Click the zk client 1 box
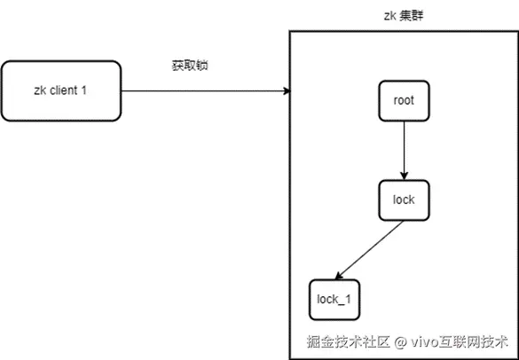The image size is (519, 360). pyautogui.click(x=61, y=91)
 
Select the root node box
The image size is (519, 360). pyautogui.click(x=404, y=100)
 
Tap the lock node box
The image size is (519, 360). pyautogui.click(x=404, y=200)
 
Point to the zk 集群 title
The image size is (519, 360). pyautogui.click(x=404, y=16)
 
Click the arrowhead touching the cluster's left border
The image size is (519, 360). pyautogui.click(x=287, y=91)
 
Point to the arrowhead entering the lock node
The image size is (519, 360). pyautogui.click(x=404, y=176)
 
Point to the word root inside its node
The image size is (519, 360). pyautogui.click(x=404, y=100)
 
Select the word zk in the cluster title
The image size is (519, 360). pyautogui.click(x=389, y=16)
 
